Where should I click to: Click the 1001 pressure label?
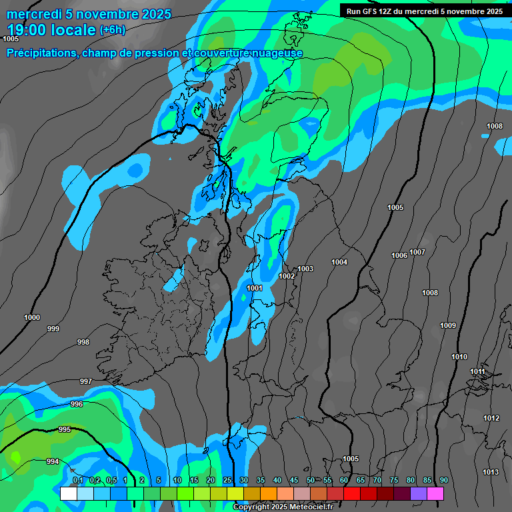click(255, 288)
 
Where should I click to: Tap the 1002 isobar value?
click(287, 276)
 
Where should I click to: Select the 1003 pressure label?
click(305, 269)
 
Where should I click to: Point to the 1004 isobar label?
click(339, 262)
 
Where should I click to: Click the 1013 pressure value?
click(491, 472)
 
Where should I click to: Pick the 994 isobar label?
click(53, 461)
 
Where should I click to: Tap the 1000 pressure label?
click(32, 317)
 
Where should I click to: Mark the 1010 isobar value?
click(459, 357)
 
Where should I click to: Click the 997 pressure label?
click(86, 381)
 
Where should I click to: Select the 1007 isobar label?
click(417, 252)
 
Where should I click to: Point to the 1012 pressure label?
click(491, 418)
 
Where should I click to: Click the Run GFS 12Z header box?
click(424, 11)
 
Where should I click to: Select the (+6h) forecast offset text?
click(112, 30)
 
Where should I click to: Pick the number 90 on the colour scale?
click(443, 481)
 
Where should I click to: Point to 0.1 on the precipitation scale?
click(77, 481)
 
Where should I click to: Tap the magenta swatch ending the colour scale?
click(435, 493)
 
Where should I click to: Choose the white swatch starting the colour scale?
click(68, 493)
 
